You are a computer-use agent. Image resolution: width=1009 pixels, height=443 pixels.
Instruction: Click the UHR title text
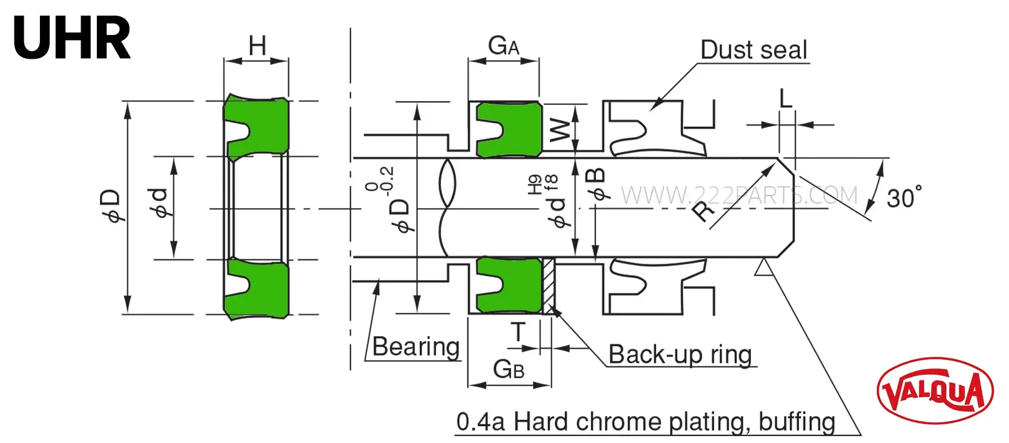coord(72,38)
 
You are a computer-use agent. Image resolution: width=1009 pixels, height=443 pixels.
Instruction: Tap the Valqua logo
coord(935,391)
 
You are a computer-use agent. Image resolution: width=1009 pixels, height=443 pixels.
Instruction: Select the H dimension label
coord(257,46)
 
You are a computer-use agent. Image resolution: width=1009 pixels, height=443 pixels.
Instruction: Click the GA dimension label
coord(504,46)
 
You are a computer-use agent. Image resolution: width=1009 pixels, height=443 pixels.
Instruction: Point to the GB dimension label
coord(509,369)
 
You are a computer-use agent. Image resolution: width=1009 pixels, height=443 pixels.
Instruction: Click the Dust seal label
coord(753,49)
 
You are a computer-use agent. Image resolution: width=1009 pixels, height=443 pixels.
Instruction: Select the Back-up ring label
coord(680,354)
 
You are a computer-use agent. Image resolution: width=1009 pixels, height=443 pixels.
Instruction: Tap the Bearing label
coord(415,347)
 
